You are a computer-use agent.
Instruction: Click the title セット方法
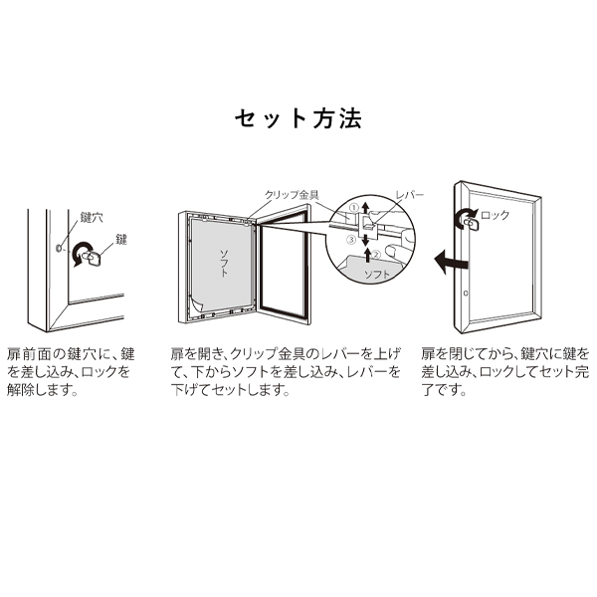(x=298, y=118)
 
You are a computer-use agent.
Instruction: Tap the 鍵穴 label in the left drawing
(x=92, y=218)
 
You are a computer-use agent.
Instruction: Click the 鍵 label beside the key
(x=121, y=240)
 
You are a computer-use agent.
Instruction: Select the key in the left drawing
(x=93, y=258)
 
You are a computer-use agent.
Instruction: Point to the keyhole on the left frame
(x=59, y=248)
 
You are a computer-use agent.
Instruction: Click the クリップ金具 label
(x=292, y=195)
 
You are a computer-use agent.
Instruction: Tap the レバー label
(x=409, y=195)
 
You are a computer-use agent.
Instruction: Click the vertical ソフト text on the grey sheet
(x=224, y=263)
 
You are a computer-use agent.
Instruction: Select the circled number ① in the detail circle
(x=353, y=208)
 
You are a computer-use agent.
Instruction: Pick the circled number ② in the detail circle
(x=376, y=255)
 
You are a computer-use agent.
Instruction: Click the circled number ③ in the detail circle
(x=352, y=240)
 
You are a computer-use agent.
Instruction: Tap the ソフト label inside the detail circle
(x=377, y=275)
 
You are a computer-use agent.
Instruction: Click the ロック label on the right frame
(x=495, y=216)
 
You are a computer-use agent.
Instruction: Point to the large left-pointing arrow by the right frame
(x=451, y=262)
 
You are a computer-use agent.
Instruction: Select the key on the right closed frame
(x=472, y=224)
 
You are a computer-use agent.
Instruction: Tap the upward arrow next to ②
(x=367, y=255)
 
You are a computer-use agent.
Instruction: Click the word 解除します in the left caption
(x=42, y=389)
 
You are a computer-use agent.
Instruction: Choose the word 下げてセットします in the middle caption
(x=230, y=389)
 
